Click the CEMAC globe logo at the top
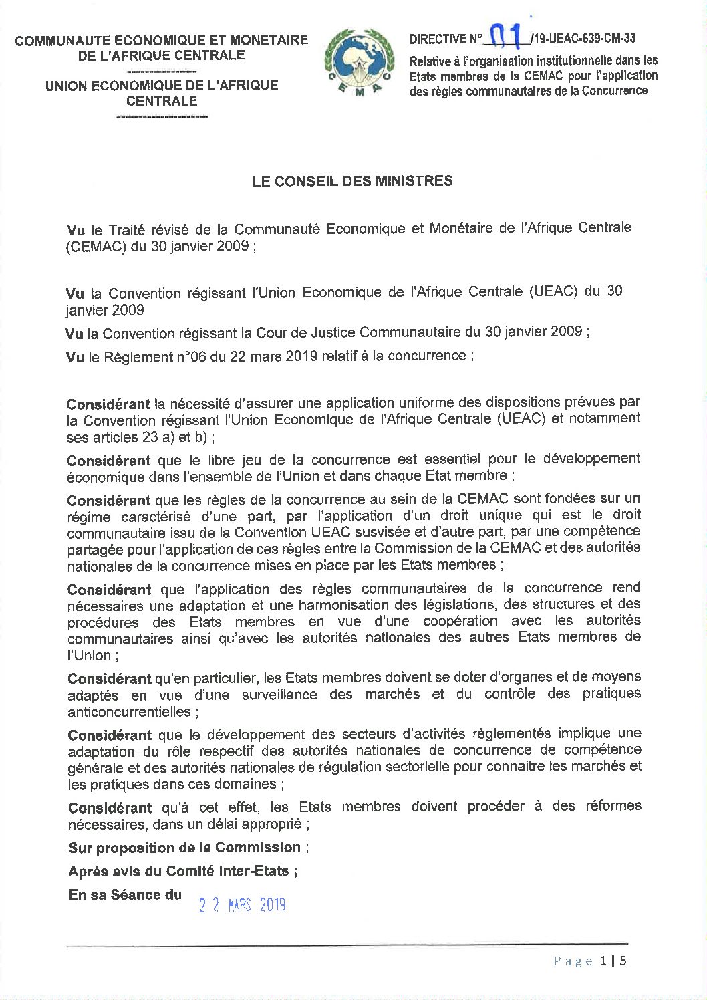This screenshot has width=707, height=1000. [360, 64]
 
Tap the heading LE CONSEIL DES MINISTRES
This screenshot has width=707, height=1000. [352, 181]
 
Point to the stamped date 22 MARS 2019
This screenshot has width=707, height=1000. [243, 905]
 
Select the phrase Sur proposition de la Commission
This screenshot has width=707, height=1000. [184, 848]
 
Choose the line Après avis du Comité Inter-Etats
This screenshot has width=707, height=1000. [181, 871]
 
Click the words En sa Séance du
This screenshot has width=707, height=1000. [125, 894]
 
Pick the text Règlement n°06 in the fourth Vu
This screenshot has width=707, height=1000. [146, 357]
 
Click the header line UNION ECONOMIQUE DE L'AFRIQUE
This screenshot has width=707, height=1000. [162, 86]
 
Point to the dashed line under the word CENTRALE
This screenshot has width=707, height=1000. [162, 117]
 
